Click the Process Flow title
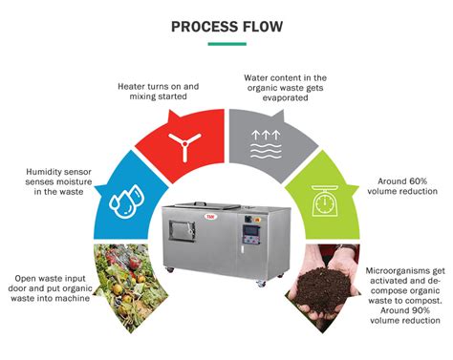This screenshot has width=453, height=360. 226,26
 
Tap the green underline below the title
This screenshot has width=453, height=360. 226,44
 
